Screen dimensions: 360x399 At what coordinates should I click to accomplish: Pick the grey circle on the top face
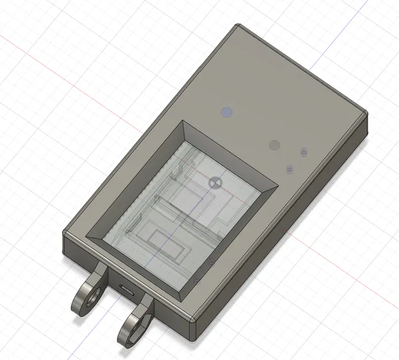[275, 145]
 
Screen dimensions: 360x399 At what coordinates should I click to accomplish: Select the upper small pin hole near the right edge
[303, 152]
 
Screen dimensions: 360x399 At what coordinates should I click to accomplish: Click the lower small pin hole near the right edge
[290, 169]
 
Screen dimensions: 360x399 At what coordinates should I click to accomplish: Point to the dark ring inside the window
[215, 182]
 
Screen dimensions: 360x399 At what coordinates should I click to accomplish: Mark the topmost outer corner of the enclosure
[238, 25]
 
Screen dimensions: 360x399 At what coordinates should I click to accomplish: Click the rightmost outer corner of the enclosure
[367, 114]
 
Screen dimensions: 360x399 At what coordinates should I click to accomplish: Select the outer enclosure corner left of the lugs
[65, 232]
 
